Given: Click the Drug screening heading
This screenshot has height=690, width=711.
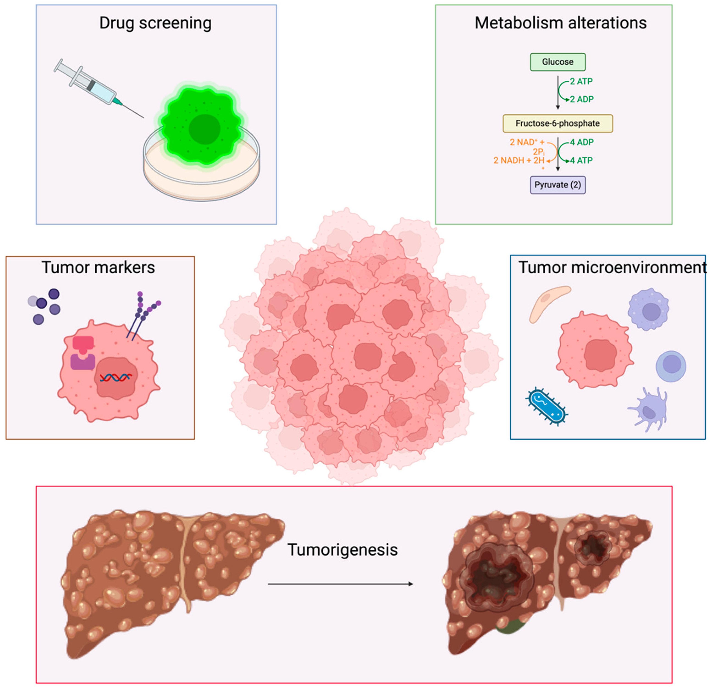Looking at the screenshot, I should (155, 23).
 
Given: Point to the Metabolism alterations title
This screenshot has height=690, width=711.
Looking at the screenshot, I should (560, 23).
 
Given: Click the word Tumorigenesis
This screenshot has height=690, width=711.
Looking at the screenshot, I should (343, 550).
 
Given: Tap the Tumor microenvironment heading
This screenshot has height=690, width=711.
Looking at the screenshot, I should (611, 268).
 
